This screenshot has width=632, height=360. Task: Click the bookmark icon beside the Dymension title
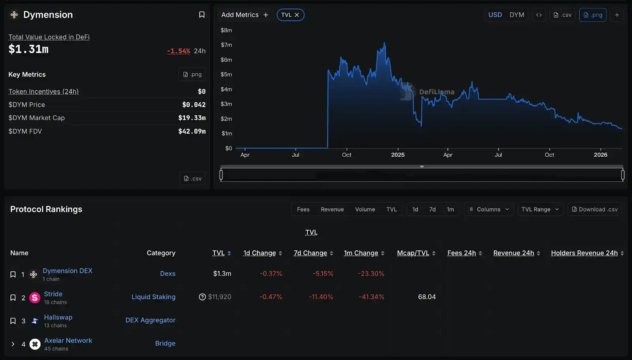coord(201,15)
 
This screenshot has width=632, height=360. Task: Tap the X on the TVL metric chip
coord(297,15)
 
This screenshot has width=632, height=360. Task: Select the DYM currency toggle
coord(517,15)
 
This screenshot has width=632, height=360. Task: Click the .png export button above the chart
coord(592,15)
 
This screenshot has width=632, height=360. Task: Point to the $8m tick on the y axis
coord(226,30)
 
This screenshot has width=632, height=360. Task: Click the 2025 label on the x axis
coord(398,155)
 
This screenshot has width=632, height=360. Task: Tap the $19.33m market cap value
coord(192,118)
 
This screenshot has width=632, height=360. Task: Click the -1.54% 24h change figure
coord(179,51)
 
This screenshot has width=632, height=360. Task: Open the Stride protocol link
coord(53,294)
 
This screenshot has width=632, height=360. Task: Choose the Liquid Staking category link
coord(153,297)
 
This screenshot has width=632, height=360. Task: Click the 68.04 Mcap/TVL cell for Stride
coord(427,297)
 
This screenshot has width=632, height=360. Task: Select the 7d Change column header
coord(310,253)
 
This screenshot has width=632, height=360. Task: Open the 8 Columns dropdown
coord(489,209)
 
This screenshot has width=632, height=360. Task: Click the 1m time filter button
coord(450,209)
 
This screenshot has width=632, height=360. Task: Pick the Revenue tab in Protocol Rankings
coord(332,209)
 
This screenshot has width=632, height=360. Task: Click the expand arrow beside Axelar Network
coord(13,344)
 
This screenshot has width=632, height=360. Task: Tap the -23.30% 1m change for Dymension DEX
coord(371,274)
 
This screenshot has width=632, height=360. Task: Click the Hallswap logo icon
coord(35,321)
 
